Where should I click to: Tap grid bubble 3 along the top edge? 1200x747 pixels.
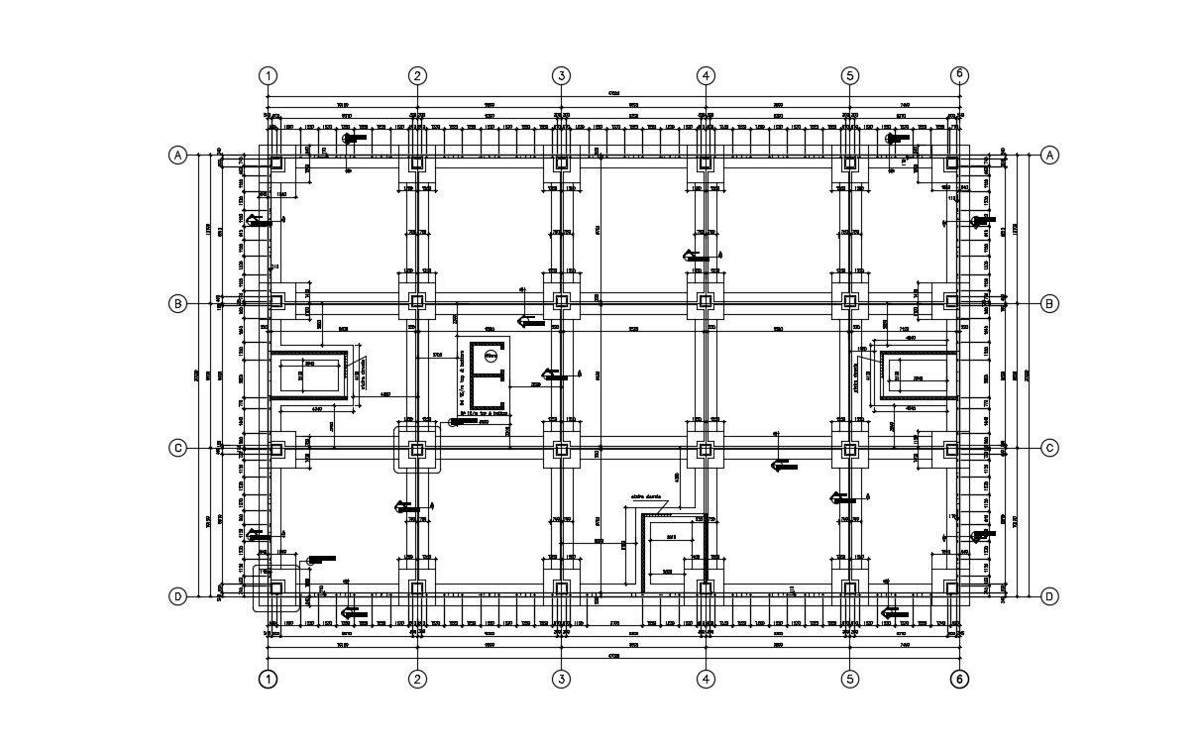562,75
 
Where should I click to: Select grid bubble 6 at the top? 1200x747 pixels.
958,74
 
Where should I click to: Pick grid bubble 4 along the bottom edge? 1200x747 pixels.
706,680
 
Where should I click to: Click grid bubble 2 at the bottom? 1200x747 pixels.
418,680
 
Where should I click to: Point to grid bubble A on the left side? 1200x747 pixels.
177,156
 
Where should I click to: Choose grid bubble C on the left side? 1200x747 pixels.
177,448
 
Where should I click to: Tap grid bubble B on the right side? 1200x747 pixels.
1049,303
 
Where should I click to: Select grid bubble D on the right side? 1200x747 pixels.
1049,596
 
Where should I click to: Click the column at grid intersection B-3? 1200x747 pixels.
562,300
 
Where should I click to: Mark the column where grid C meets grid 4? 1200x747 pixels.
706,449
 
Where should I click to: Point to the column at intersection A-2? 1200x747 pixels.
417,162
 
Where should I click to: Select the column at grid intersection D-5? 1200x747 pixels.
849,588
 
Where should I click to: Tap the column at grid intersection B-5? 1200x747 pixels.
849,300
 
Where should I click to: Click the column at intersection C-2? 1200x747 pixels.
417,449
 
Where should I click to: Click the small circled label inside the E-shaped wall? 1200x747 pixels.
490,355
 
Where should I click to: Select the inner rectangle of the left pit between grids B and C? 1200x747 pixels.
308,376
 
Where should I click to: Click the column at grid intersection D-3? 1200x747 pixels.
562,588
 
